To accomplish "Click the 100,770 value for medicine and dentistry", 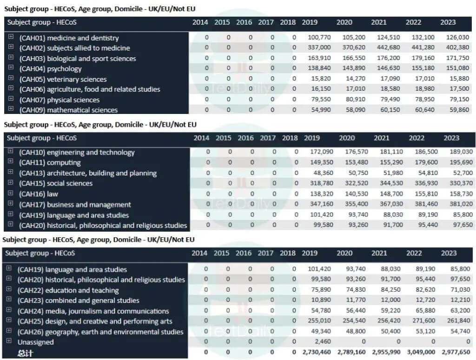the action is [319, 37].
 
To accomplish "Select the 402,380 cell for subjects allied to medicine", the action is [457, 47].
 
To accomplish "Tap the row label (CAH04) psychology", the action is [50, 69].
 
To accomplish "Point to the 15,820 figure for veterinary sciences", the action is [321, 79].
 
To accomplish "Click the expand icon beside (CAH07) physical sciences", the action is [11, 99].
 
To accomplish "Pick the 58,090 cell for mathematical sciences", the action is [356, 110].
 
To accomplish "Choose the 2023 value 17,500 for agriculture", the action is [459, 89].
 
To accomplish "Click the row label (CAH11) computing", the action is [50, 163].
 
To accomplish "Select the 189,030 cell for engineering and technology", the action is [461, 152].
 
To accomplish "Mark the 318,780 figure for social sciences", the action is [322, 183].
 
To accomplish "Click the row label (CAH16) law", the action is [38, 194].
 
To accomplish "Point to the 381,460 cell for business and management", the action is [426, 204].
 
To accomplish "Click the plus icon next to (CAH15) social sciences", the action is [10, 182].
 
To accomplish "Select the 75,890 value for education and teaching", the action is [321, 289].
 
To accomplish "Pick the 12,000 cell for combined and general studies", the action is [390, 300].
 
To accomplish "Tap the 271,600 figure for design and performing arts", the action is [424, 320].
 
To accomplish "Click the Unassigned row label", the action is [35, 342].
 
